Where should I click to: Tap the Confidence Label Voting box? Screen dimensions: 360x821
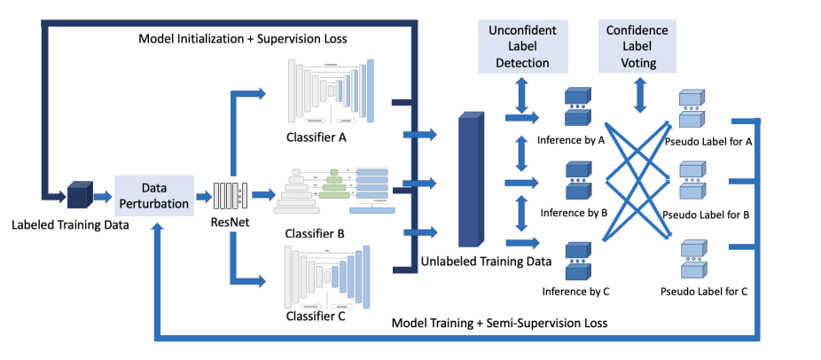pyautogui.click(x=637, y=45)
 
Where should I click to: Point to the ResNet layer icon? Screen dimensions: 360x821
pyautogui.click(x=231, y=192)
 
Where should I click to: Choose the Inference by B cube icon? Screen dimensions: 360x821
pyautogui.click(x=577, y=179)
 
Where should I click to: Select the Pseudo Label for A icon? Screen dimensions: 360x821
pyautogui.click(x=694, y=106)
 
